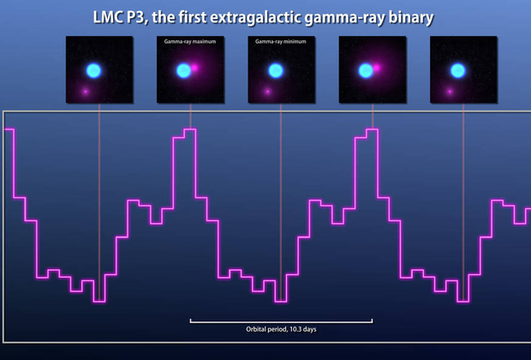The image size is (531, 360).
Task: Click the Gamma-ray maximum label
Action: pos(190,41)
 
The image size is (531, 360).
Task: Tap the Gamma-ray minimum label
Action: pos(281,41)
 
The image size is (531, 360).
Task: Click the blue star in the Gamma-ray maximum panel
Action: pos(184,70)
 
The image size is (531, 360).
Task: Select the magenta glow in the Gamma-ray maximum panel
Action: pos(194,68)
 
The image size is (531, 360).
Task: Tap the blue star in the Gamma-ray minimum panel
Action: pos(276,70)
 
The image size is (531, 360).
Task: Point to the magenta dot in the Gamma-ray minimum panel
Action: pos(267,91)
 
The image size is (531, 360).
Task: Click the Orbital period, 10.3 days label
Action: pos(282,329)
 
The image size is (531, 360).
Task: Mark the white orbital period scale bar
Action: pos(282,321)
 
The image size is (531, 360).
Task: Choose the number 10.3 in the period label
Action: pos(296,329)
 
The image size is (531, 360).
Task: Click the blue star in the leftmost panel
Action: pos(94,70)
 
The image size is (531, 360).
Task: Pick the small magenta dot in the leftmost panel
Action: pos(86,91)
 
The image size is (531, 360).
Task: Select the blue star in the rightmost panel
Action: pos(458,70)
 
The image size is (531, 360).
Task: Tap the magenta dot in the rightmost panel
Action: pos(450,91)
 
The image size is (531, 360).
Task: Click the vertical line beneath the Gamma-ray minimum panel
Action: pos(281,202)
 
